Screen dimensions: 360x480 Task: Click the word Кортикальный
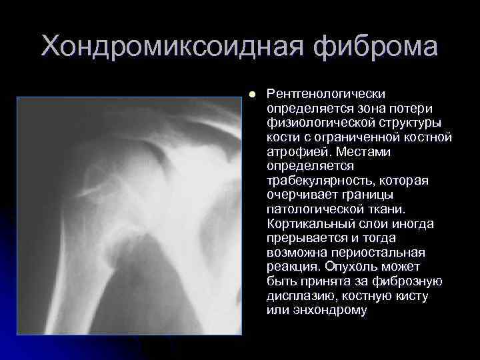pyautogui.click(x=306, y=225)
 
